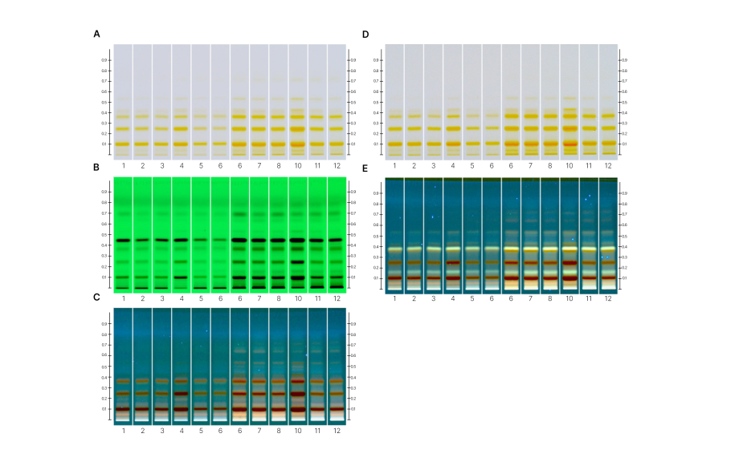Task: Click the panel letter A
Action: pyautogui.click(x=97, y=34)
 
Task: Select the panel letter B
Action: pyautogui.click(x=97, y=168)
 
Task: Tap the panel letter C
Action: pyautogui.click(x=97, y=298)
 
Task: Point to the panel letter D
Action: pyautogui.click(x=365, y=34)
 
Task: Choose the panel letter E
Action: pyautogui.click(x=365, y=169)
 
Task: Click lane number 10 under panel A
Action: pyautogui.click(x=297, y=166)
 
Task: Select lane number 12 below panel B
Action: pyautogui.click(x=337, y=298)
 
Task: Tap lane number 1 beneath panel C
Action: pyautogui.click(x=123, y=431)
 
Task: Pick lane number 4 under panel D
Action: pyautogui.click(x=453, y=166)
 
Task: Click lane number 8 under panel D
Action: pyautogui.click(x=550, y=166)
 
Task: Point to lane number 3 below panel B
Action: pyautogui.click(x=162, y=298)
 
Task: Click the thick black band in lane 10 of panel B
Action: pyautogui.click(x=297, y=240)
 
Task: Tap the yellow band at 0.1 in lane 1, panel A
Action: pyautogui.click(x=123, y=144)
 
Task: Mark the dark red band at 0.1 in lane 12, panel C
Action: pyautogui.click(x=337, y=409)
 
